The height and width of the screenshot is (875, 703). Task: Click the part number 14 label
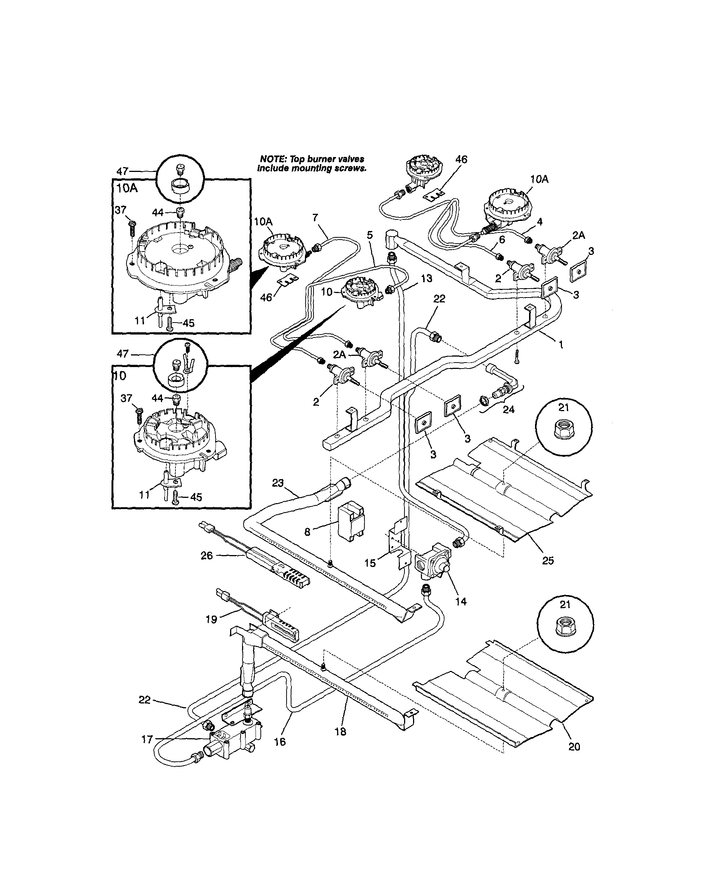[461, 601]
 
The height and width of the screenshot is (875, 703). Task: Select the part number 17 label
[147, 739]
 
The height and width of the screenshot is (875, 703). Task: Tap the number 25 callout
[548, 560]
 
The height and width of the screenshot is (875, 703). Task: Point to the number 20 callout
[574, 746]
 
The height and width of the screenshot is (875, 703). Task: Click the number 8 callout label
[308, 532]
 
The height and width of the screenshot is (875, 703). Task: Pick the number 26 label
[207, 555]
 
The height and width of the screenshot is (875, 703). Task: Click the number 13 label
[427, 279]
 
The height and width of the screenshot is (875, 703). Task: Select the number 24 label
[508, 410]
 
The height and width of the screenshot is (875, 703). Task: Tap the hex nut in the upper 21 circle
[563, 430]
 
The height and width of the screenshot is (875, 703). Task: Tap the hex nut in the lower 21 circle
[565, 628]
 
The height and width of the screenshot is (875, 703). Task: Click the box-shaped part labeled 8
[351, 521]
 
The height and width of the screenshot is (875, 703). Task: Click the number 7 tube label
[315, 218]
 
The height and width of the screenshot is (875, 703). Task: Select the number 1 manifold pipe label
[561, 345]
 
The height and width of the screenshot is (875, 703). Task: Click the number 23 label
[278, 483]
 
